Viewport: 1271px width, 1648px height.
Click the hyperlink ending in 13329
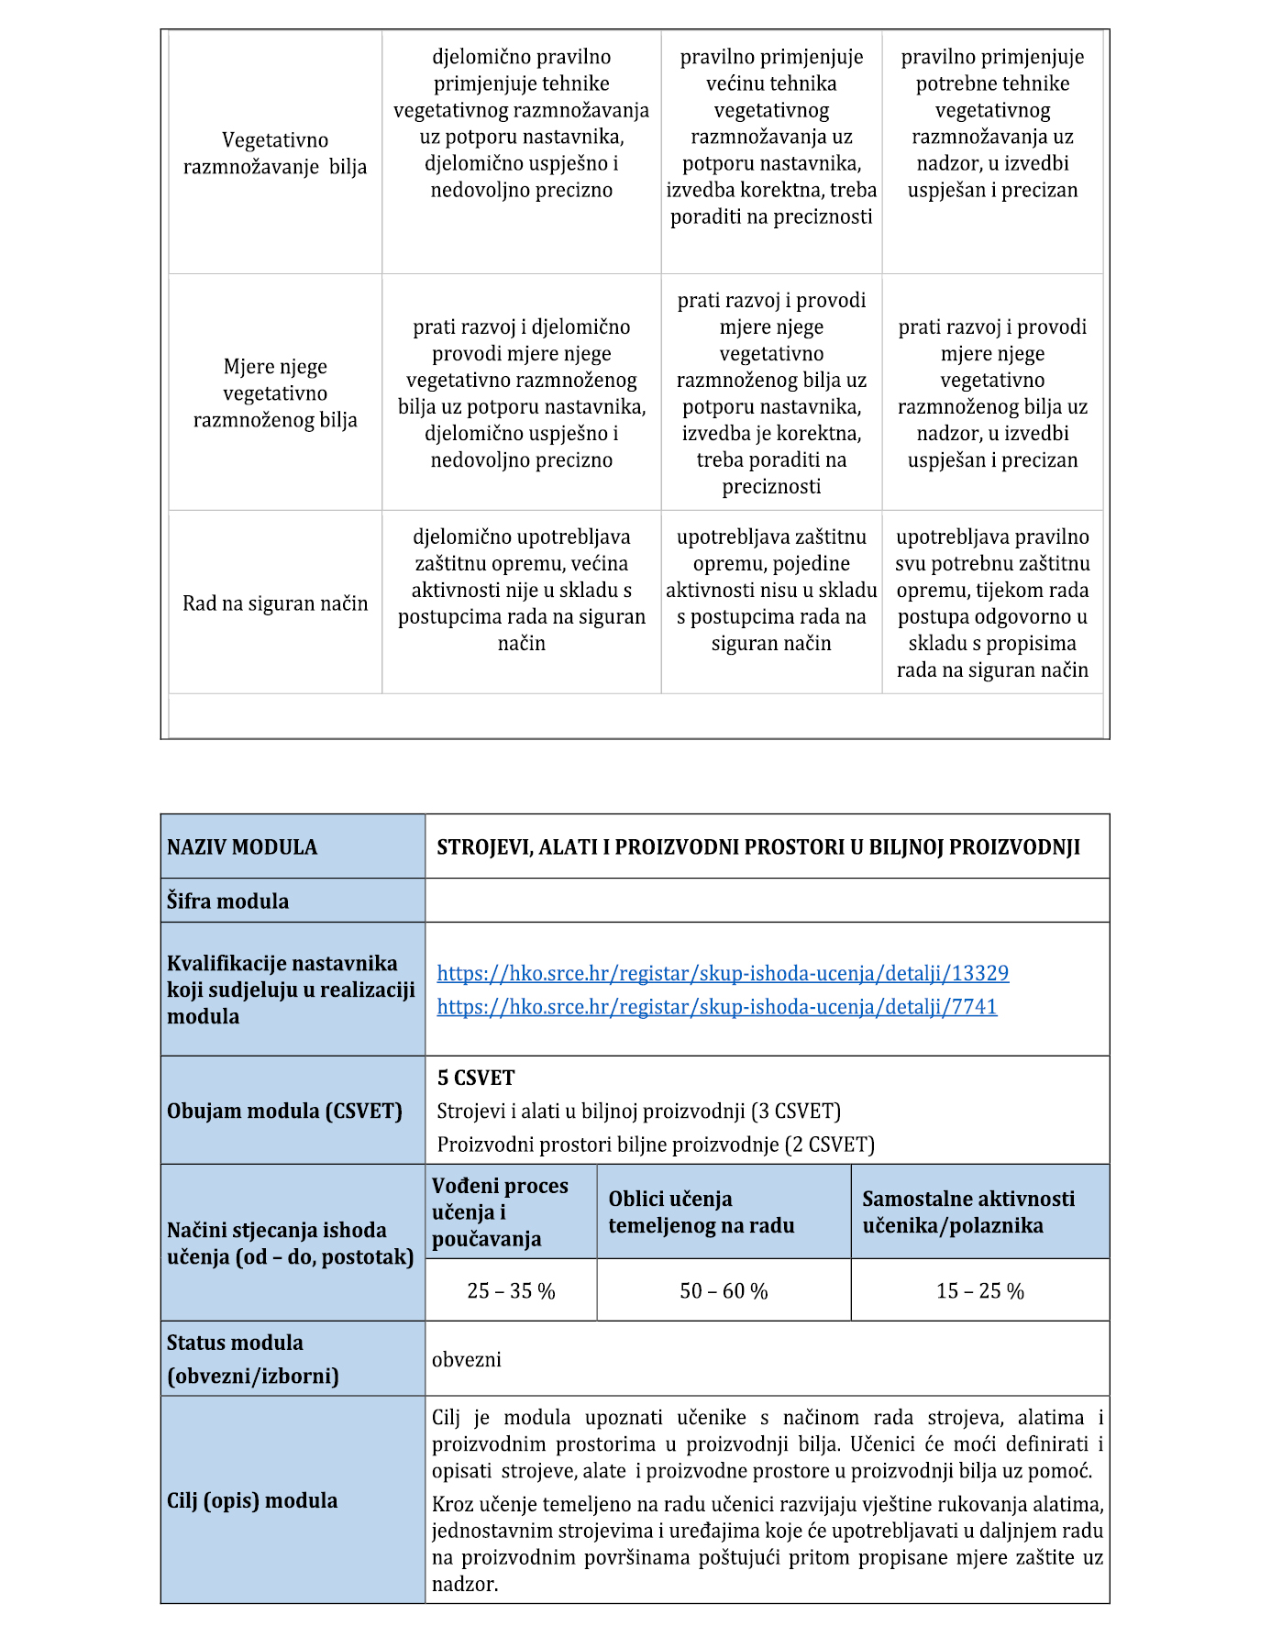723,973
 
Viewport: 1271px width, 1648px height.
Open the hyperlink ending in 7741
716,1007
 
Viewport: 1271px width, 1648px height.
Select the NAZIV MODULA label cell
242,847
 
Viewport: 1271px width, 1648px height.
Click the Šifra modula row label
227,901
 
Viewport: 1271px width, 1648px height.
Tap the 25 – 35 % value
511,1291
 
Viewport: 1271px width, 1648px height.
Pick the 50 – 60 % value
724,1291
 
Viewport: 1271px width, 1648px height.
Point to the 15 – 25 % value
979,1291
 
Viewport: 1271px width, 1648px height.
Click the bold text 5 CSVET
476,1078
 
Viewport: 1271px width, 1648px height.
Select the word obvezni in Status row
467,1359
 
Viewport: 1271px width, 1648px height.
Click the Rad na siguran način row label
275,603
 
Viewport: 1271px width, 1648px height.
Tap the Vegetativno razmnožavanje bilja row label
275,153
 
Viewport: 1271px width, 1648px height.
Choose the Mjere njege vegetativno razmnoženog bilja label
275,393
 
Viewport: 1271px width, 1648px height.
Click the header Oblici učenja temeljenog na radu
702,1212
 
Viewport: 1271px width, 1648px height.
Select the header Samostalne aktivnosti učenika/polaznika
968,1212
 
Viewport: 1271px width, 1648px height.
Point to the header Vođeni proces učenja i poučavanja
500,1212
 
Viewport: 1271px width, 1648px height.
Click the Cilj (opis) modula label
252,1500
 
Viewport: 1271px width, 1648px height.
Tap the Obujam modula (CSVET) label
284,1112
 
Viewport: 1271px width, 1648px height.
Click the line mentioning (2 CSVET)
656,1145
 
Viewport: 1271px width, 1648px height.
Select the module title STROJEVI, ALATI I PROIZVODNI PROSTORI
758,847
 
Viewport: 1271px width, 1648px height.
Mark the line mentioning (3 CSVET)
638,1112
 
